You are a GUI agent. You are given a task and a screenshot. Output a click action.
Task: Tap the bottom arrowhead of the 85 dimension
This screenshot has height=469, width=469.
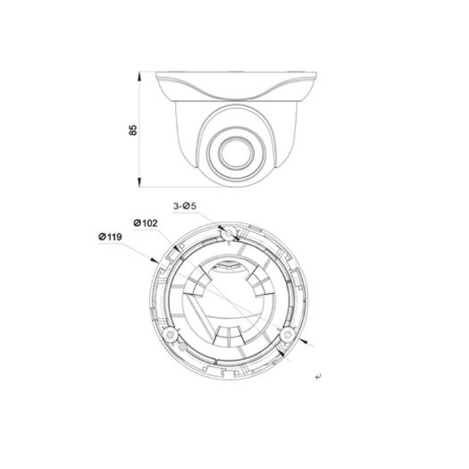coord(142,184)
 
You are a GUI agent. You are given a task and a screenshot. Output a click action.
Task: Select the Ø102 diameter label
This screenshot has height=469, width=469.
coord(146,222)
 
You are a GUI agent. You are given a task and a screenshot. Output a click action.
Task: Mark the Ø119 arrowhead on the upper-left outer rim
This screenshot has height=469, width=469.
coord(157,259)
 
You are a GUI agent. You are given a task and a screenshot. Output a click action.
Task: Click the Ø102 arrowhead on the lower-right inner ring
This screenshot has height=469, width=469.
coord(284,351)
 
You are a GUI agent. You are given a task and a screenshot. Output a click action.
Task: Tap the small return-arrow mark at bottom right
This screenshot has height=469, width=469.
coord(319,378)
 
